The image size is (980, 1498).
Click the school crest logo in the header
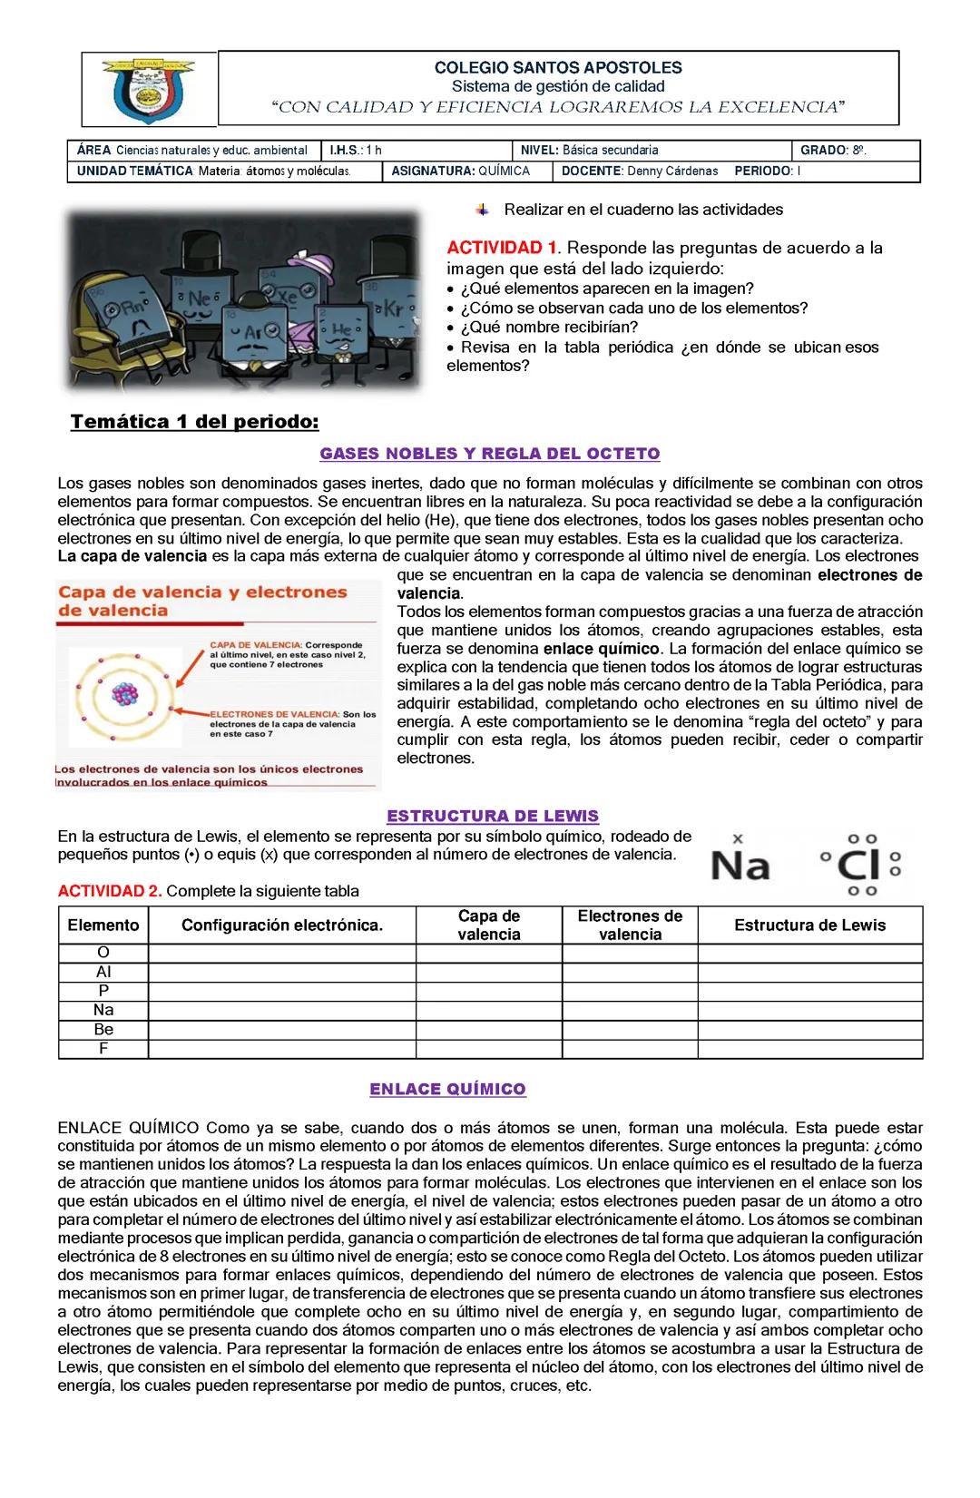149,89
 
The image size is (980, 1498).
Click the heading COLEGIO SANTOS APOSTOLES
558,67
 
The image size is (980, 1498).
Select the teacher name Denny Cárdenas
672,171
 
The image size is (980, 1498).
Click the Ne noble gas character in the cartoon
199,299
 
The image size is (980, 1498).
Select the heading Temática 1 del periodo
195,422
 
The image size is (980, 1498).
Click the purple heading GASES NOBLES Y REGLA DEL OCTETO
490,454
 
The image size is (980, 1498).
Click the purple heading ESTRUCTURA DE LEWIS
493,816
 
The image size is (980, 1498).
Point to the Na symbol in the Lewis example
740,865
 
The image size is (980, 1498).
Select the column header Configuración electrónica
282,925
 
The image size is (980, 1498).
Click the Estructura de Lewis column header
809,925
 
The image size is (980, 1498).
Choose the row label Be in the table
103,1029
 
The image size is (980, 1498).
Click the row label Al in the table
103,972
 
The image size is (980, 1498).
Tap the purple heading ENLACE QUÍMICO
447,1089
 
